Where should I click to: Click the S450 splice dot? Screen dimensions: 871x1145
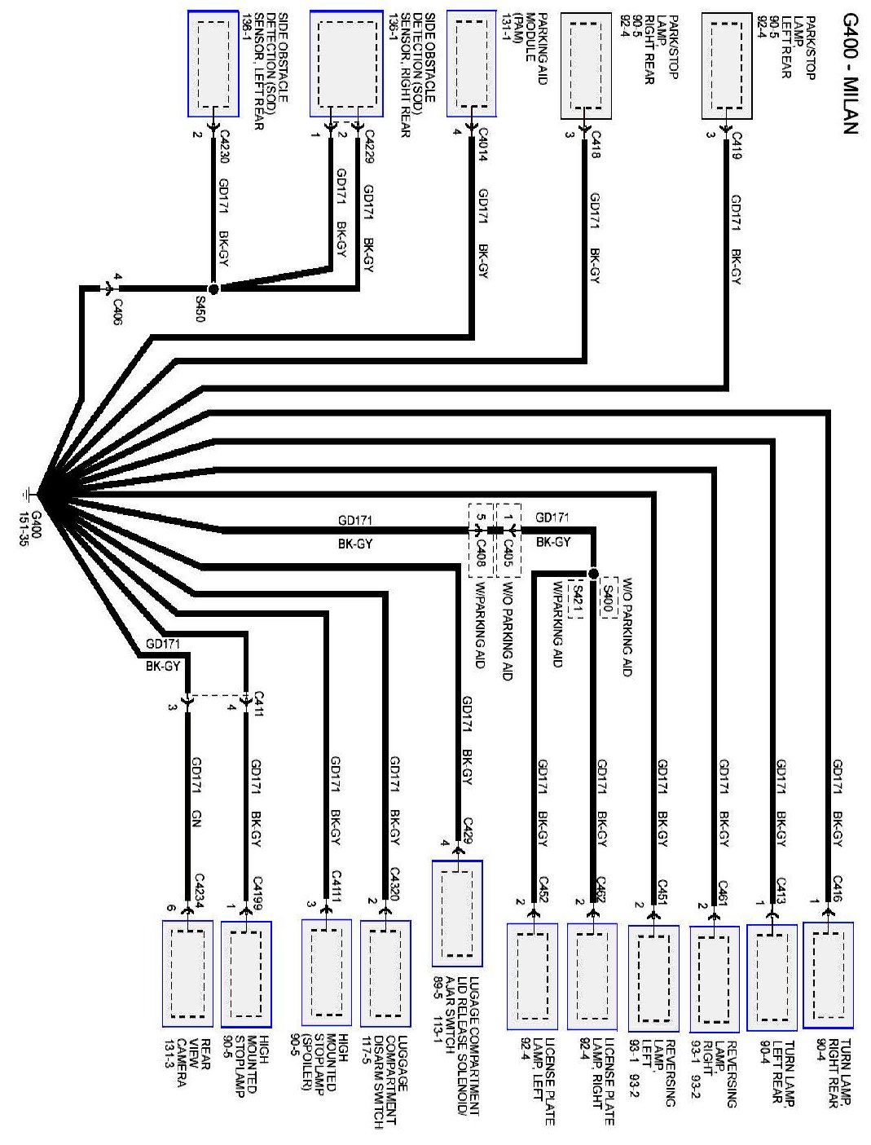[213, 288]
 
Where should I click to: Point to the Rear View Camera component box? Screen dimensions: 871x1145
[187, 973]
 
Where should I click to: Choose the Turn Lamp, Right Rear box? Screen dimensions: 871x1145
[828, 975]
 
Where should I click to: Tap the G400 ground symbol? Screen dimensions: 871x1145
[26, 494]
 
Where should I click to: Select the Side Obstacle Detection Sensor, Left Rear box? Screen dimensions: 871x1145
[213, 64]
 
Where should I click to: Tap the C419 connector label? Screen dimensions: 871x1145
[737, 145]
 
